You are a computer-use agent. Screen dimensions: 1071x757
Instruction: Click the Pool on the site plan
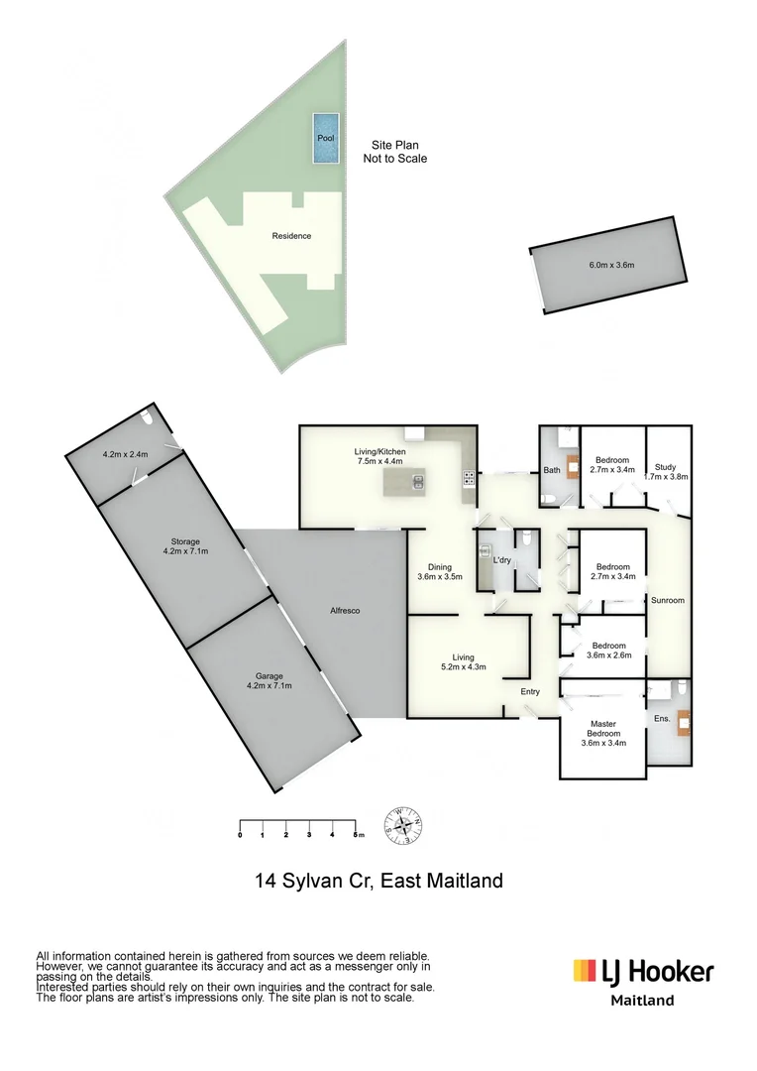(x=326, y=138)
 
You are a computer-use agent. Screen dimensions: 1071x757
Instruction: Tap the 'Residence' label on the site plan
(x=291, y=236)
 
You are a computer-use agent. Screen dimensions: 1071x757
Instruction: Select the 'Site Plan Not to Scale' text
(x=394, y=151)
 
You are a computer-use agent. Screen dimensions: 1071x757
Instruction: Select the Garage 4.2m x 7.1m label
(x=270, y=680)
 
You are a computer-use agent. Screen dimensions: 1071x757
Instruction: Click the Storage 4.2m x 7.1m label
(x=185, y=545)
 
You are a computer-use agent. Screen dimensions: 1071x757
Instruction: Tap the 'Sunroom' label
(x=667, y=600)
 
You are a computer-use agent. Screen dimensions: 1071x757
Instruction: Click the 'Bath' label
(x=552, y=471)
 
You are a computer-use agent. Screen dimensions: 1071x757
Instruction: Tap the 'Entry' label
(x=530, y=691)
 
